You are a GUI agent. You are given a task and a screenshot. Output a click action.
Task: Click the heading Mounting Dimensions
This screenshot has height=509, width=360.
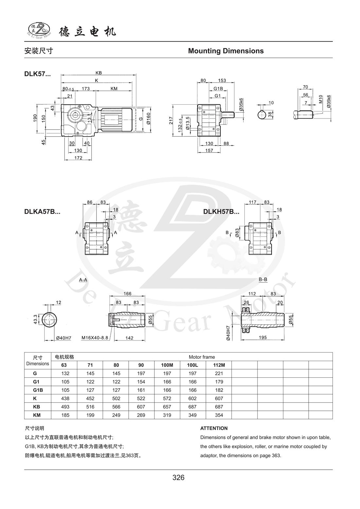226,51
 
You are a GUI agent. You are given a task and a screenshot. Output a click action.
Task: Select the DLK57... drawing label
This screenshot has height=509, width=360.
37,74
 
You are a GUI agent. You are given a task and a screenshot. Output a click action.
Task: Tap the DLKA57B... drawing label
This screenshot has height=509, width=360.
42,211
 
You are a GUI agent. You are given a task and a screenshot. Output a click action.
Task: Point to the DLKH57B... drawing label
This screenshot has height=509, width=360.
221,211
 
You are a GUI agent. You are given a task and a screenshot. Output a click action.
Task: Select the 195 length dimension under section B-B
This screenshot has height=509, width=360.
262,337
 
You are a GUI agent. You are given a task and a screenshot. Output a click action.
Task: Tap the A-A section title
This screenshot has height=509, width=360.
83,280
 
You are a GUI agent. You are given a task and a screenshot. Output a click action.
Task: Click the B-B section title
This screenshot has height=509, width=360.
263,280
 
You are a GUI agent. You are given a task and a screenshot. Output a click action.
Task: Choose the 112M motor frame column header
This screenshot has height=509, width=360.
219,365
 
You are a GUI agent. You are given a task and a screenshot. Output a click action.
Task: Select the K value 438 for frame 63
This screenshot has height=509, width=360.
65,398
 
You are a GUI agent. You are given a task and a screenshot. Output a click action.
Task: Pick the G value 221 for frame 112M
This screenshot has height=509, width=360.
219,373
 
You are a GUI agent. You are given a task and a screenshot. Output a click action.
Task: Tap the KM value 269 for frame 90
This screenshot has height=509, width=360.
142,415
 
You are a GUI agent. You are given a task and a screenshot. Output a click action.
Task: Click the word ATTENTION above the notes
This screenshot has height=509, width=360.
214,428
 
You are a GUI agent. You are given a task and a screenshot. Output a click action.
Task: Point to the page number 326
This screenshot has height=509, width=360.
178,478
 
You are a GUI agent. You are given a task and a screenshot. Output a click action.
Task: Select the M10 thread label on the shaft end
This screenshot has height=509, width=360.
321,99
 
